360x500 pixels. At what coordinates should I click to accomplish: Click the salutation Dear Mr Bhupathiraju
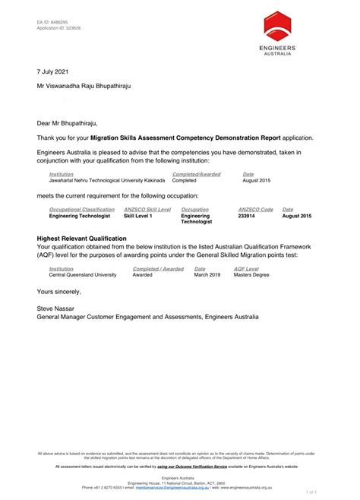68,122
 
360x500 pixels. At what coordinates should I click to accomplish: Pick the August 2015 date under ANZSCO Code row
296,216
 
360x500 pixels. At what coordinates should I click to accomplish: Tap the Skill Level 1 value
137,216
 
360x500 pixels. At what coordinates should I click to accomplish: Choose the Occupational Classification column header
81,209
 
